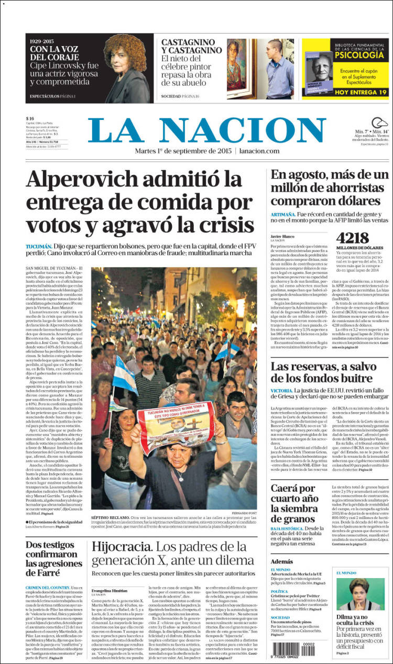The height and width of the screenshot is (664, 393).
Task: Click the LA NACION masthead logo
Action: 206,130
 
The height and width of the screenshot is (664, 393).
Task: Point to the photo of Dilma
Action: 360,595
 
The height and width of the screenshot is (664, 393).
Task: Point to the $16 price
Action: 30,118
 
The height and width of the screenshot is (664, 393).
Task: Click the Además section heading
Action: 282,561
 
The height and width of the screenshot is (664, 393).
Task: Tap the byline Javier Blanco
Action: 282,236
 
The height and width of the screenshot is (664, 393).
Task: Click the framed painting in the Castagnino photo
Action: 237,65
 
